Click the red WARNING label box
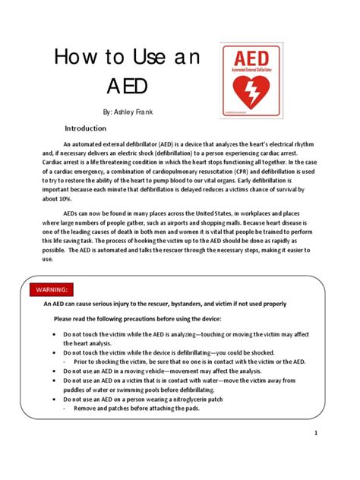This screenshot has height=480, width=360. point(52,289)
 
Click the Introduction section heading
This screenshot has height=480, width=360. point(90,128)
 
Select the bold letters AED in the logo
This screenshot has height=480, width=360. point(252,58)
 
